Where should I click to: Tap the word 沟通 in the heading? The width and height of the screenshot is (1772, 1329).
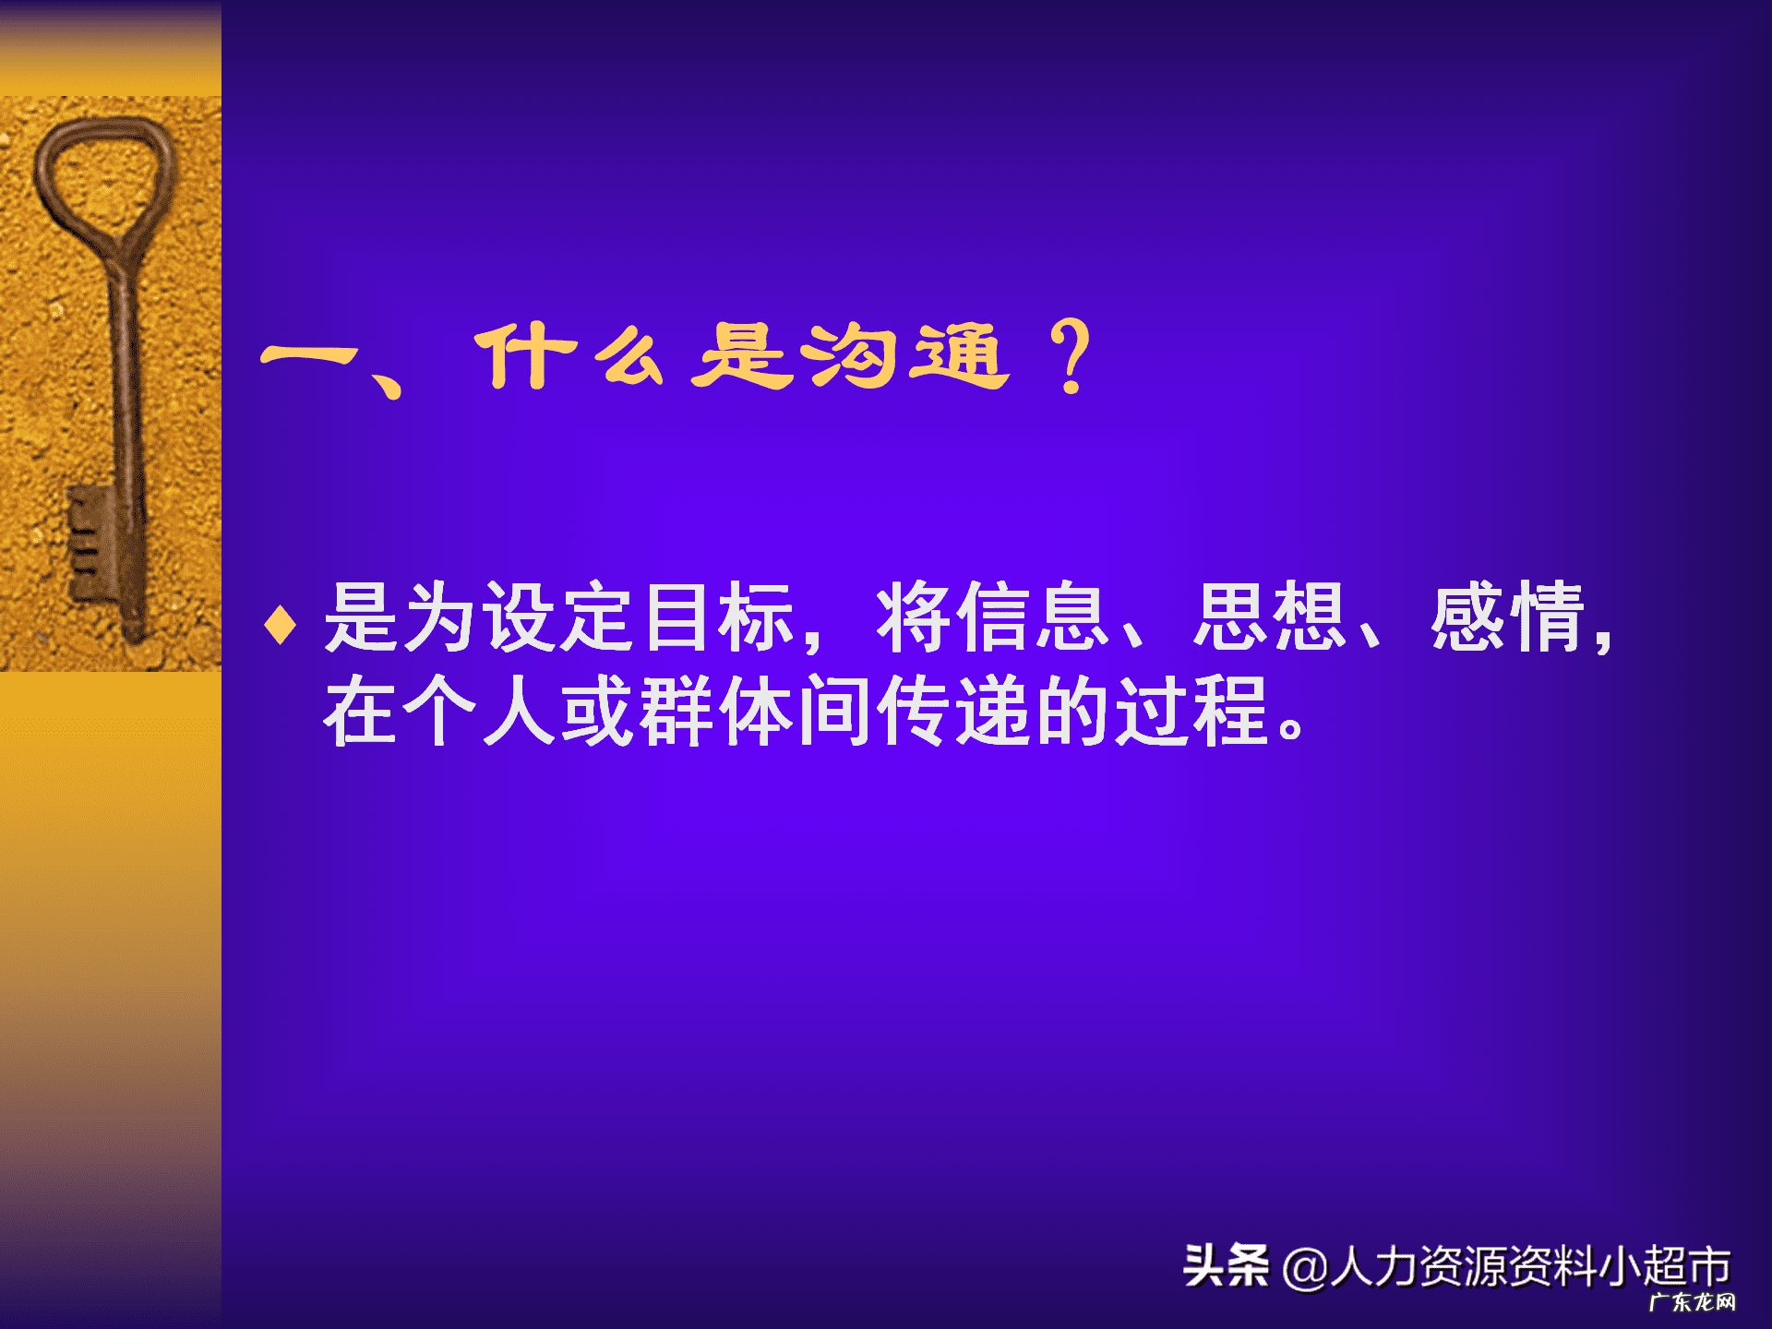(x=904, y=356)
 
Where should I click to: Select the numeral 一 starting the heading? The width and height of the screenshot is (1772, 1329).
(x=308, y=356)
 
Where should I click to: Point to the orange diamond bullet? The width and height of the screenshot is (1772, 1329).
(x=280, y=624)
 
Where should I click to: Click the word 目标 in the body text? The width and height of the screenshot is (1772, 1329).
(x=720, y=617)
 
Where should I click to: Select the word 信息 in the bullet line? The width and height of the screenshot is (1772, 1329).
(x=993, y=617)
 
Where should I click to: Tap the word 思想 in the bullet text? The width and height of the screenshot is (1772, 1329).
(x=1270, y=617)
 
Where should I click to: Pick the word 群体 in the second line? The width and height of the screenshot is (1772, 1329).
(x=677, y=711)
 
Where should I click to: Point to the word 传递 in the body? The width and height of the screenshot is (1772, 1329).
(x=954, y=711)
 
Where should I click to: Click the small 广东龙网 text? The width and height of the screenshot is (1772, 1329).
(x=1692, y=1302)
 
